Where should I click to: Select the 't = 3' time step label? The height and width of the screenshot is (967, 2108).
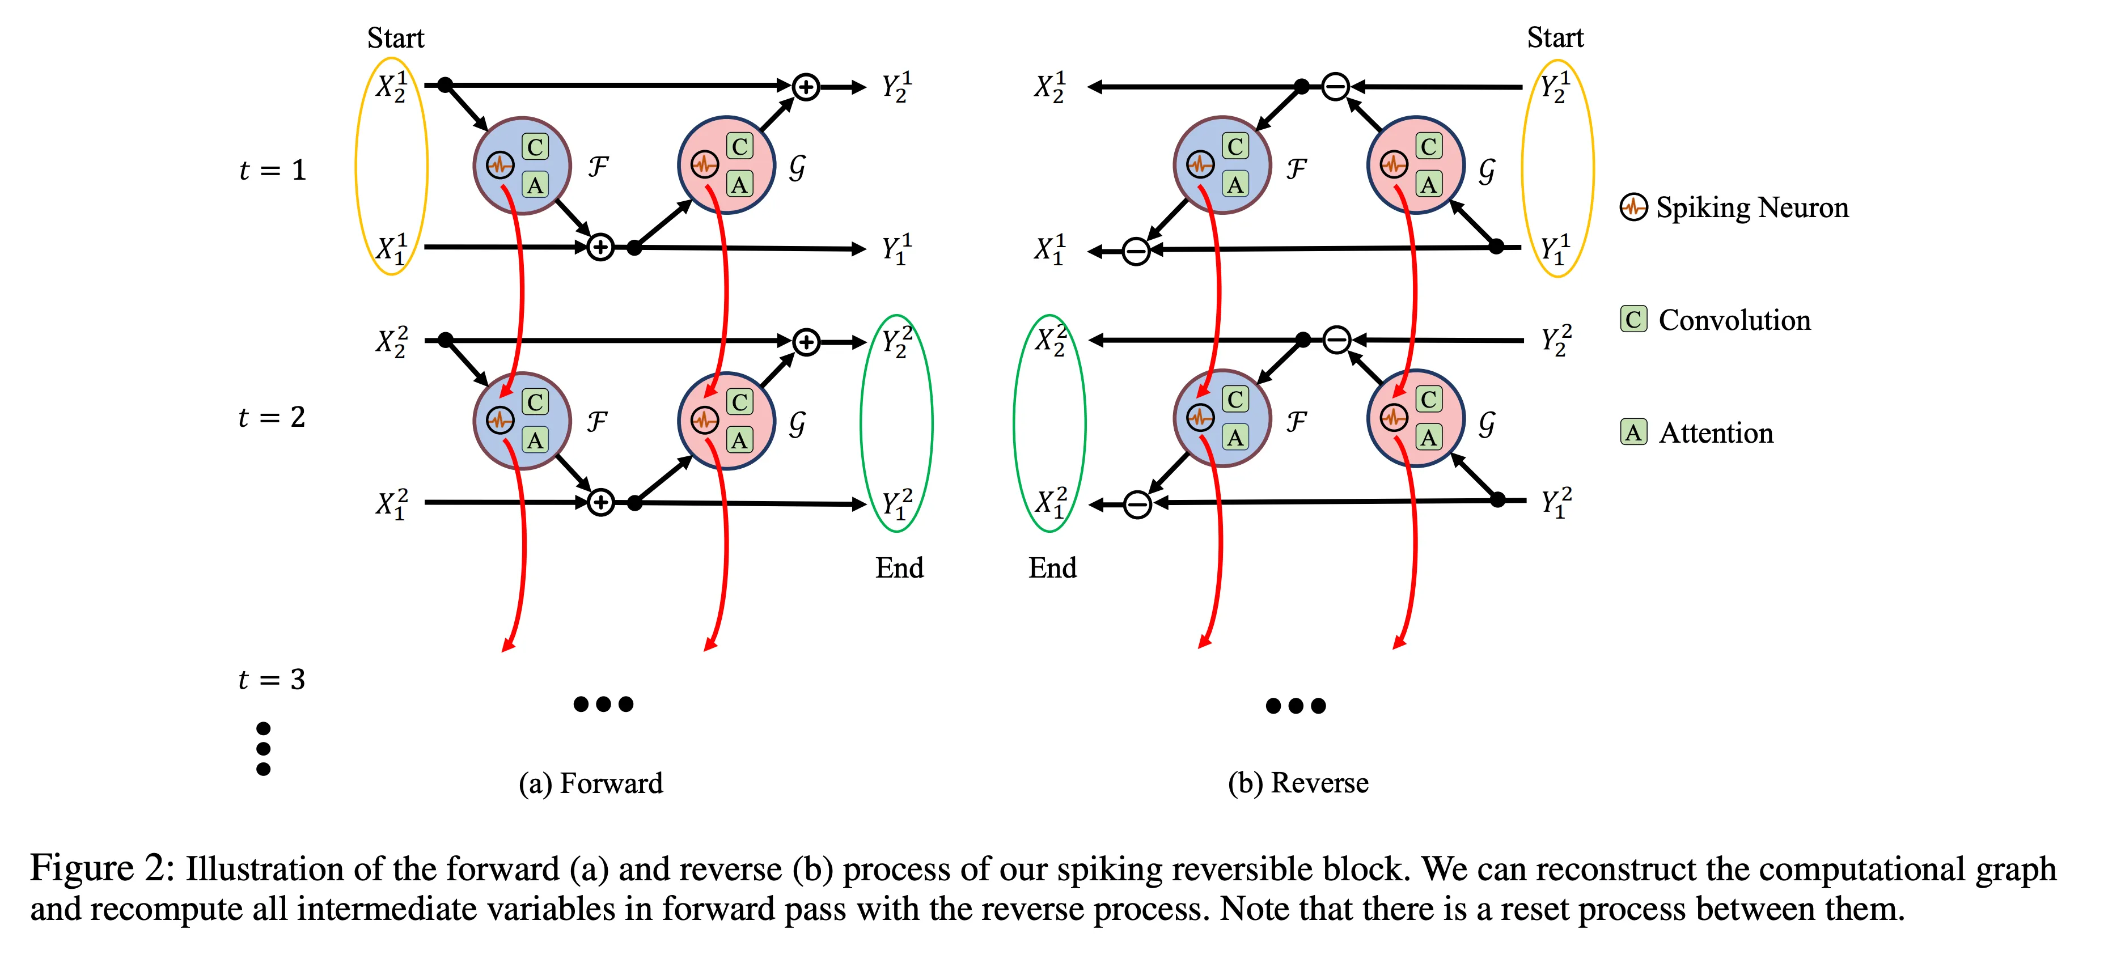272,679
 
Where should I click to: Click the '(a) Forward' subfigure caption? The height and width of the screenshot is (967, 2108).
591,783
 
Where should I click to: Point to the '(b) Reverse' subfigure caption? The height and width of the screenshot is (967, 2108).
1298,783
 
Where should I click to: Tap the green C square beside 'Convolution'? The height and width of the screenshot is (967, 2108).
1633,319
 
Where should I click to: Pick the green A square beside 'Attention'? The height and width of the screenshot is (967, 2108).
1633,432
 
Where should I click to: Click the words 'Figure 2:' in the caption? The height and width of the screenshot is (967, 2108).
102,869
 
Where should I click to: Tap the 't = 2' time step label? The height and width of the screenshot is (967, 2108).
272,417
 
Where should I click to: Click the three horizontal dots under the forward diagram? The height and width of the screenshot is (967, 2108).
603,703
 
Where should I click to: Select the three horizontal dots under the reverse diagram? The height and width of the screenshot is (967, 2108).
1296,705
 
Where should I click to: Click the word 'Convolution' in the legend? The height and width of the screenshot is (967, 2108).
1735,320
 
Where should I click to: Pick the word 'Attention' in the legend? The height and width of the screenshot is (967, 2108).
1716,433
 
